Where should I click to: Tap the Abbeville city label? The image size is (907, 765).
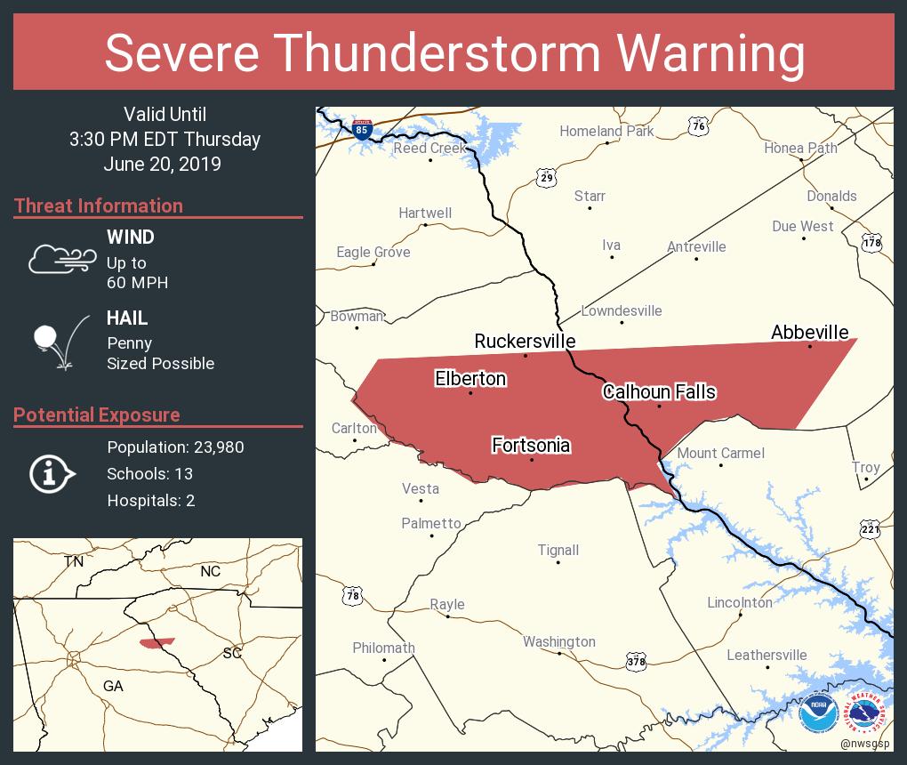pyautogui.click(x=809, y=332)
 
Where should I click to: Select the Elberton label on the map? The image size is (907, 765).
pyautogui.click(x=470, y=378)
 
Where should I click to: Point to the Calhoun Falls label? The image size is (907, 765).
pyautogui.click(x=659, y=391)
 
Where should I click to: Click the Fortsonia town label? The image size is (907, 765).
pyautogui.click(x=531, y=445)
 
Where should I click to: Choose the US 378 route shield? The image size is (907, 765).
pyautogui.click(x=636, y=661)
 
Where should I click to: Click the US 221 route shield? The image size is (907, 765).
pyautogui.click(x=870, y=530)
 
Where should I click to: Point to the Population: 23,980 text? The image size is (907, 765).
pyautogui.click(x=175, y=447)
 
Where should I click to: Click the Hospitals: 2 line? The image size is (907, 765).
pyautogui.click(x=150, y=500)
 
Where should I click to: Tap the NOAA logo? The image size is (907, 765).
pyautogui.click(x=817, y=713)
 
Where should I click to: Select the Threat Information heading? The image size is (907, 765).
pyautogui.click(x=99, y=205)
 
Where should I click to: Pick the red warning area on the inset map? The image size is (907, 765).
pyautogui.click(x=157, y=642)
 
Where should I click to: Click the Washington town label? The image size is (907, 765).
pyautogui.click(x=558, y=641)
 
